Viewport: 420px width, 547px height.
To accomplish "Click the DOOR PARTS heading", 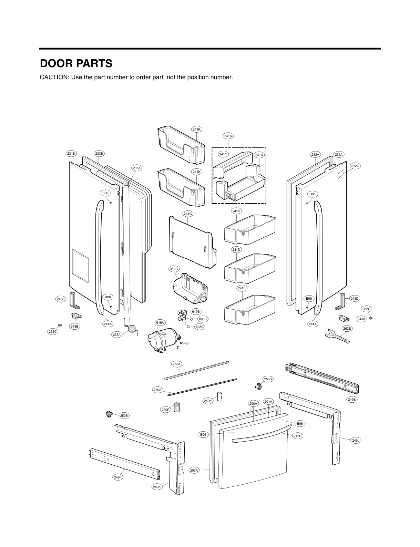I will [x=76, y=64].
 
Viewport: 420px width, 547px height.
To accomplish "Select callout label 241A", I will [x=228, y=136].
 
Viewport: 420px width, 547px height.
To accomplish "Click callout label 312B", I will [x=174, y=269].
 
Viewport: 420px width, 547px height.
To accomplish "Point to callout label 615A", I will [x=160, y=323].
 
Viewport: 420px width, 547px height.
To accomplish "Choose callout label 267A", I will [x=117, y=334].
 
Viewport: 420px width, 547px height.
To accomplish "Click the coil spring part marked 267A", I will [x=131, y=327].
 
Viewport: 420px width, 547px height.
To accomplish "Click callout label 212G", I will [x=355, y=166].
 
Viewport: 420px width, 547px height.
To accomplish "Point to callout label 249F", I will [x=118, y=477].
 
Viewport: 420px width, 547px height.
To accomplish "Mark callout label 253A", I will [x=177, y=364].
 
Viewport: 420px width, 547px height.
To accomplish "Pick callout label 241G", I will [x=187, y=214].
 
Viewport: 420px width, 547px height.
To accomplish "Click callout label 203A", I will [x=194, y=470].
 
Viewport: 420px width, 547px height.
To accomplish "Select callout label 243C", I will [x=61, y=299].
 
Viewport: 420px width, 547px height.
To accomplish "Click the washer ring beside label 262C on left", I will [x=60, y=325].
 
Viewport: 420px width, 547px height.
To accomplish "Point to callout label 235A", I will [x=136, y=168].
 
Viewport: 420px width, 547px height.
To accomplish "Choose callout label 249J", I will [x=355, y=440].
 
